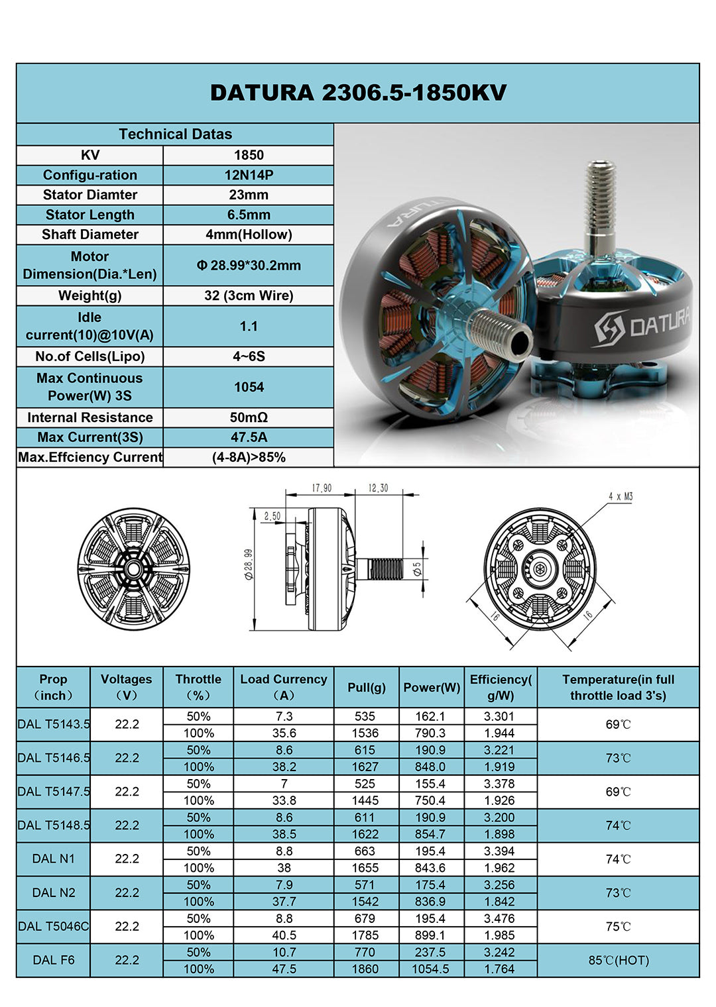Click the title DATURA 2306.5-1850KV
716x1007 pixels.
point(358,93)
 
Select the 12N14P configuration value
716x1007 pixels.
point(249,175)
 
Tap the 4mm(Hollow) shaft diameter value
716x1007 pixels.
point(249,235)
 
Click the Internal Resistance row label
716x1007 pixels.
point(90,417)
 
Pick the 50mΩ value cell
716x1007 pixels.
point(249,417)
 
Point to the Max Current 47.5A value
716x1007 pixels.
point(249,437)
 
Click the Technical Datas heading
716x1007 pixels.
point(175,134)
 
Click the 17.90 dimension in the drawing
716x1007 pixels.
point(322,488)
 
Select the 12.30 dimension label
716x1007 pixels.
point(378,488)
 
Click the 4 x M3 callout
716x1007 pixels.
point(621,496)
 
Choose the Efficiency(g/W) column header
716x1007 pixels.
point(501,687)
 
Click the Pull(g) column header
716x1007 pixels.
point(367,687)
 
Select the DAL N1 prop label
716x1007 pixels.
point(54,859)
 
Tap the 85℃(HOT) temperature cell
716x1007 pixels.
point(619,960)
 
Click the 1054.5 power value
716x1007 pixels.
point(431,969)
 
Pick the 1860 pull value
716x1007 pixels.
point(365,969)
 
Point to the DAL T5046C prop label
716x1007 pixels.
point(54,926)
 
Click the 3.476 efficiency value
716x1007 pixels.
point(500,918)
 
